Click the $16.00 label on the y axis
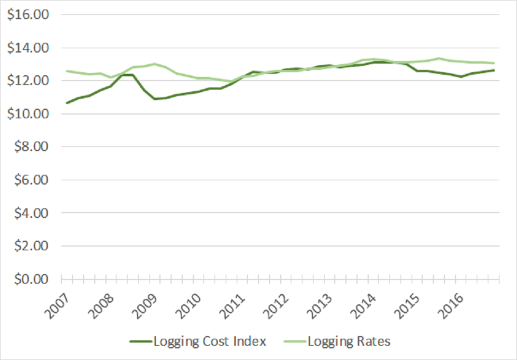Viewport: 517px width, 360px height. click(28, 15)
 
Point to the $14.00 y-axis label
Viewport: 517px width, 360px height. click(28, 48)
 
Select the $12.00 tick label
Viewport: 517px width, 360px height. click(28, 81)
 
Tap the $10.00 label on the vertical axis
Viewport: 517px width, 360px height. click(28, 114)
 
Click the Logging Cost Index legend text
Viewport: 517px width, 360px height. click(210, 341)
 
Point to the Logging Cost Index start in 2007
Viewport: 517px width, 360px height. click(67, 103)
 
